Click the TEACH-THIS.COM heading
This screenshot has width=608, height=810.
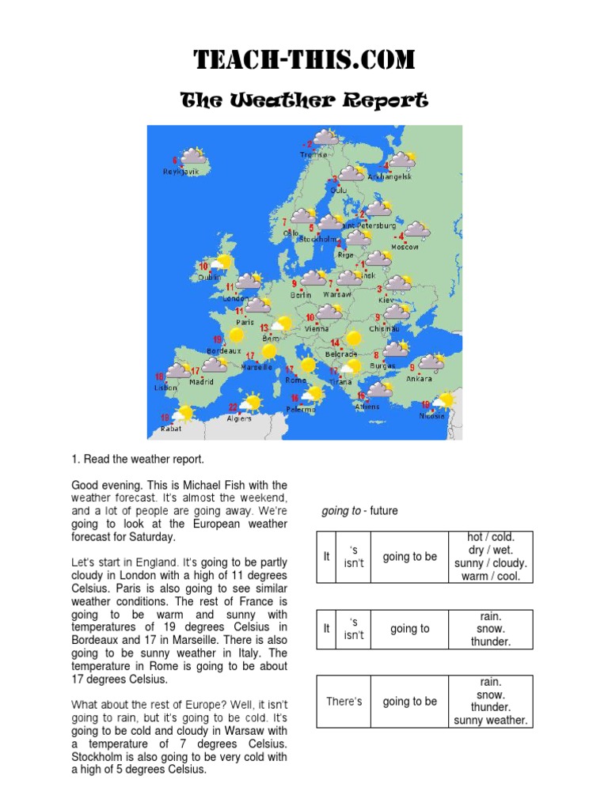tap(304, 60)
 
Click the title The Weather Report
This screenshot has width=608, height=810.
tap(304, 100)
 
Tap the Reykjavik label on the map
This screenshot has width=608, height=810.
tap(181, 172)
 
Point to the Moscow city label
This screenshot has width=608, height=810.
tap(405, 247)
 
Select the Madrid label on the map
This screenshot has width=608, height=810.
tap(201, 381)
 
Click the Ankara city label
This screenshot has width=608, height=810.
tap(419, 378)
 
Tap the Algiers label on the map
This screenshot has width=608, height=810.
tap(239, 418)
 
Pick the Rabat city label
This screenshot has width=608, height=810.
tap(171, 428)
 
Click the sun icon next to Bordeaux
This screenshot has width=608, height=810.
tap(236, 335)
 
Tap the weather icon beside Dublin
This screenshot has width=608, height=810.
tap(223, 263)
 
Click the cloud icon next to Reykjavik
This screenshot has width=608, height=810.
tap(192, 157)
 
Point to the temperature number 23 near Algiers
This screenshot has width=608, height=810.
tap(233, 407)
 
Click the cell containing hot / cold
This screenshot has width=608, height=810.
tap(491, 538)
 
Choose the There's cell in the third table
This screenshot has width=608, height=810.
tap(344, 701)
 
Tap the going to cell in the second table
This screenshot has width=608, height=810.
tap(409, 629)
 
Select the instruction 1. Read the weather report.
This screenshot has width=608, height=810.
tap(138, 459)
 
